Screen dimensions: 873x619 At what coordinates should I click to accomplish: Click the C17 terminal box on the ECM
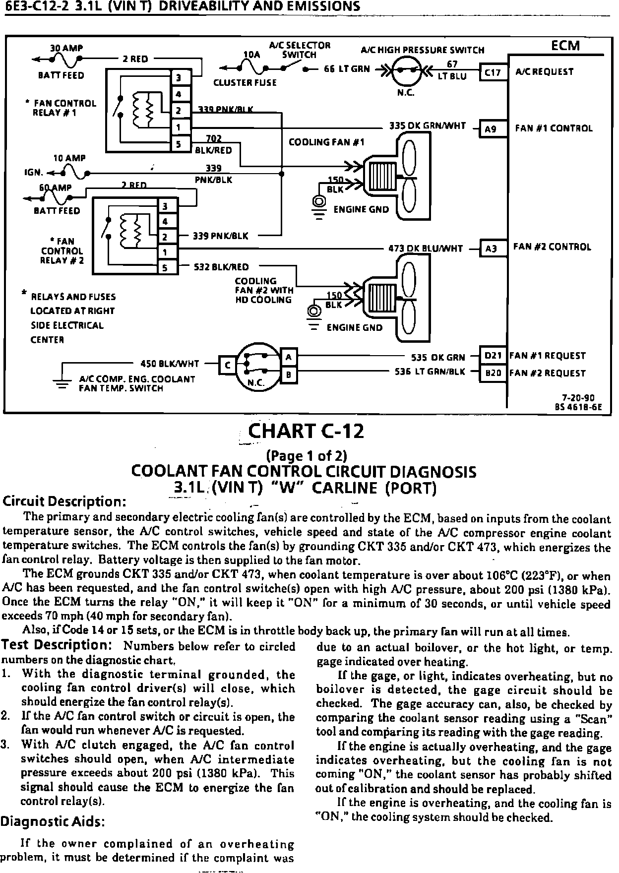[x=493, y=72]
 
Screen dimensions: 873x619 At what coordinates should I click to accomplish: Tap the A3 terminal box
[x=491, y=248]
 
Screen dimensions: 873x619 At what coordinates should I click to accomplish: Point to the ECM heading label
[x=565, y=46]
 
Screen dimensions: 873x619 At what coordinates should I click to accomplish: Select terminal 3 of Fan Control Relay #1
[x=178, y=77]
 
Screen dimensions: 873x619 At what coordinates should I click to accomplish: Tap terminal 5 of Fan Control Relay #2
[x=166, y=268]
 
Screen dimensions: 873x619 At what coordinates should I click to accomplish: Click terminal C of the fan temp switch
[x=228, y=365]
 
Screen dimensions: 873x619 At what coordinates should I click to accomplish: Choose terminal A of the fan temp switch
[x=289, y=357]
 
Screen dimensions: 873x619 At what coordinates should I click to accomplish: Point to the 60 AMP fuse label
[x=55, y=188]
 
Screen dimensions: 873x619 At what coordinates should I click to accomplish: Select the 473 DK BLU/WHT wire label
[x=426, y=249]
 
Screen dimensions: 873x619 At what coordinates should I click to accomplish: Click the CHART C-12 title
[x=306, y=431]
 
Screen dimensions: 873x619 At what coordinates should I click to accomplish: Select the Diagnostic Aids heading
[x=52, y=821]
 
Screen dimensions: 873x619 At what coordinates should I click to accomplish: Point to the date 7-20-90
[x=578, y=397]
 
